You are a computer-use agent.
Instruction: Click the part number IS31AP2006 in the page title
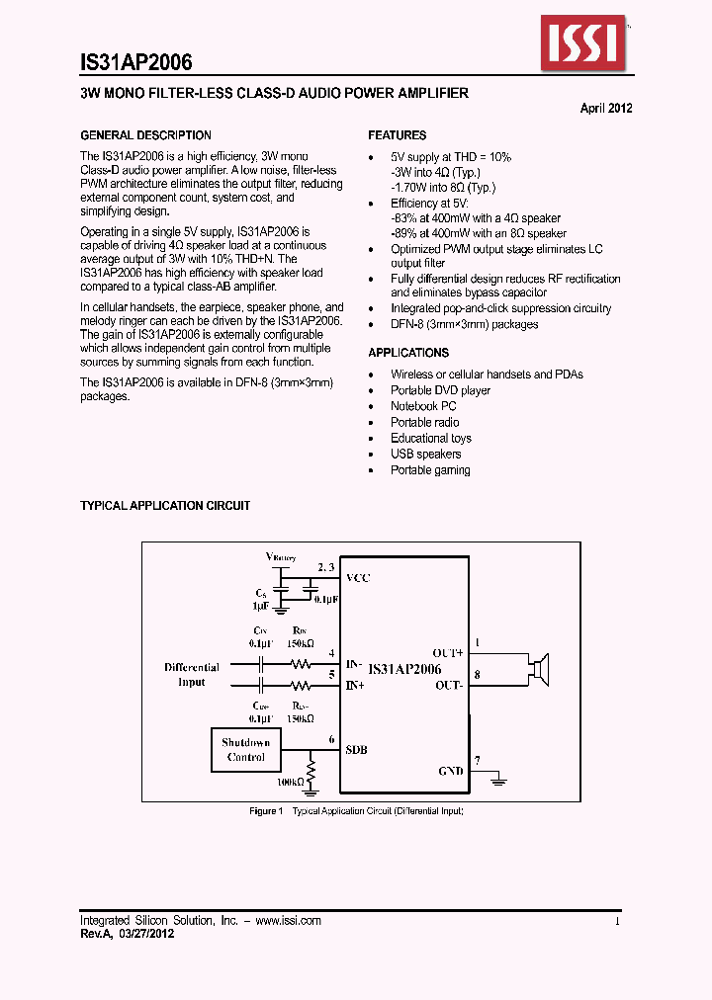pos(135,61)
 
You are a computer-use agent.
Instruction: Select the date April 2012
pos(605,109)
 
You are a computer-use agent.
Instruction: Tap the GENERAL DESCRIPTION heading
pos(145,135)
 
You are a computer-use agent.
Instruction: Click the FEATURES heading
pos(398,135)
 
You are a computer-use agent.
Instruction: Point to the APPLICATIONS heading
pos(408,353)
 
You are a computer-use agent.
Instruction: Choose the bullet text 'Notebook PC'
pos(423,406)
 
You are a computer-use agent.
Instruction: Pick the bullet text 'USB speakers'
pos(425,454)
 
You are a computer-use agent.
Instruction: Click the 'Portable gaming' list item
pos(430,469)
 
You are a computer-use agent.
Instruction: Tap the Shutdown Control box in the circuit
pos(246,750)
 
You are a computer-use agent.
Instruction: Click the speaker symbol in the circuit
pos(540,669)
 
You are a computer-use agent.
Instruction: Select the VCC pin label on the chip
pos(358,578)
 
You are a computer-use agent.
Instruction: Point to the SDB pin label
pos(357,750)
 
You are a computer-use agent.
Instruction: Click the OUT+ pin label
pos(448,653)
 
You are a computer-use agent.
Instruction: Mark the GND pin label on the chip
pos(451,771)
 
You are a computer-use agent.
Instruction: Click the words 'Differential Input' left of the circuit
pos(192,675)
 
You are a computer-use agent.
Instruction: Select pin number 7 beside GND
pos(478,760)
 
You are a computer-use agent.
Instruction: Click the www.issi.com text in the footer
pos(287,920)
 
